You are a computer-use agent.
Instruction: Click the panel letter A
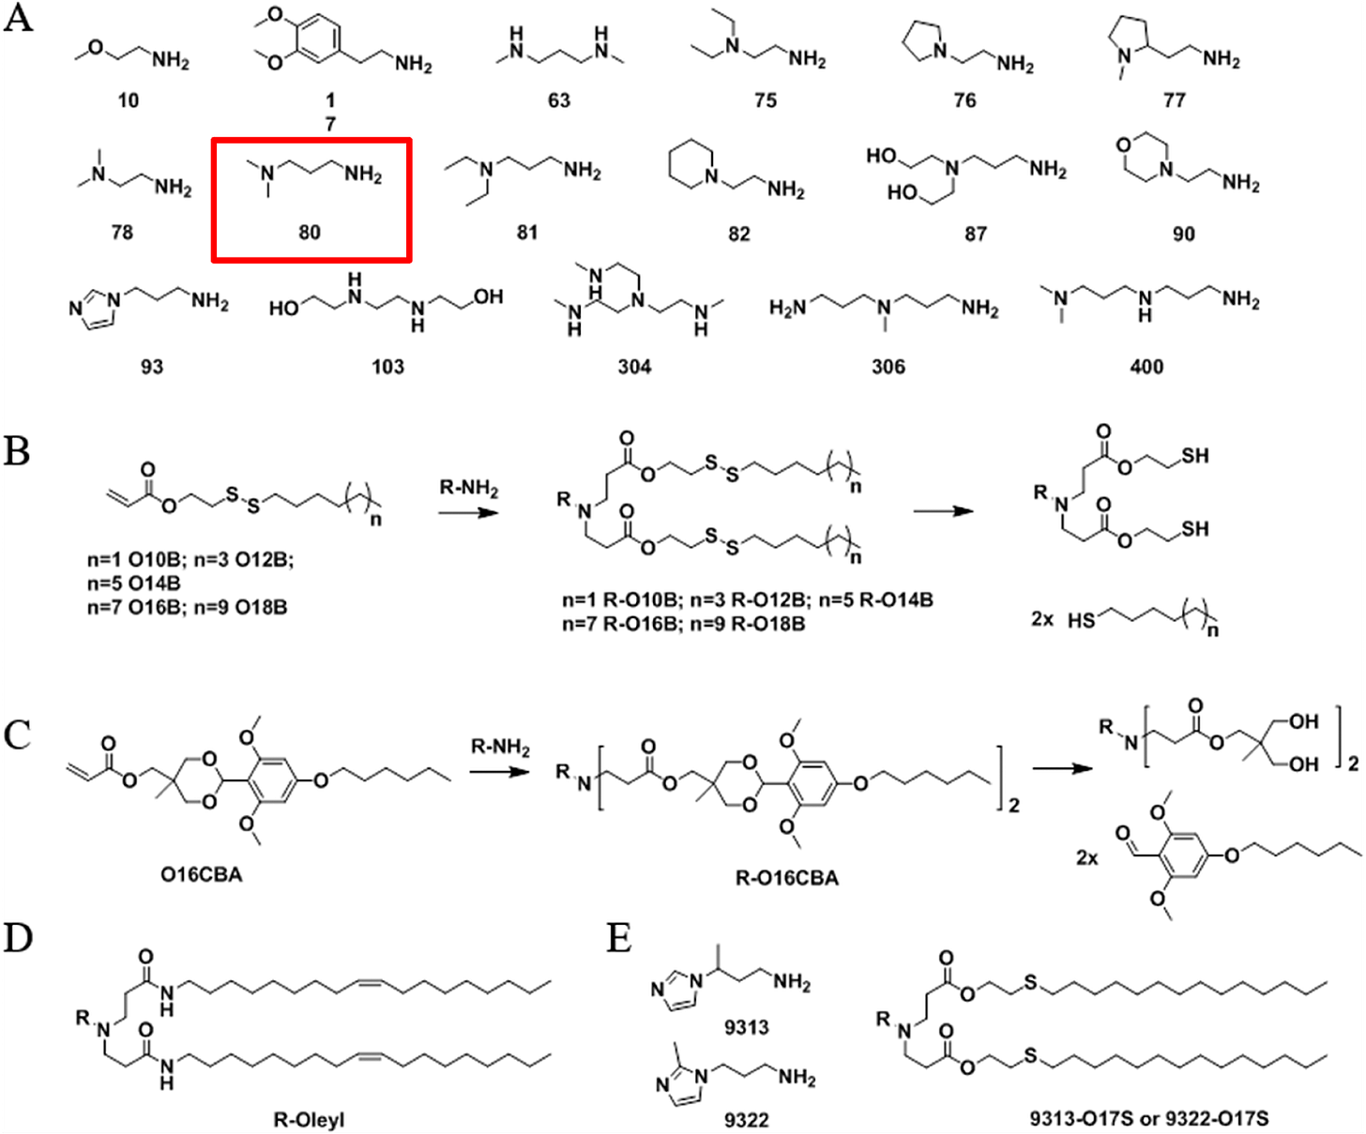coord(18,19)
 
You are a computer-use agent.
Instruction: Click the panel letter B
coord(16,451)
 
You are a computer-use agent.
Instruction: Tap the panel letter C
coord(17,735)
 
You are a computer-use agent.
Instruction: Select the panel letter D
coord(18,938)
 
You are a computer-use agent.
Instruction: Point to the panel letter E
coord(619,938)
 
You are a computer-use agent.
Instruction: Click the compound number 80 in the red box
coord(310,232)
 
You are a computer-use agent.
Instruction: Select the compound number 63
coord(559,100)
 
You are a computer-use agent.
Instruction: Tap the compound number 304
coord(634,366)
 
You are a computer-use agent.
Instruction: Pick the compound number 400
coord(1146,366)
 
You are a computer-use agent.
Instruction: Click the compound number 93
coord(152,366)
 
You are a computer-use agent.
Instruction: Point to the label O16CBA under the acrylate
coord(201,874)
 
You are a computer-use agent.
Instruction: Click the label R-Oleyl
coord(309,1120)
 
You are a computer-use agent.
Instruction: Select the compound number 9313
coord(747,1027)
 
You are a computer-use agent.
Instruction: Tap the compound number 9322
coord(747,1119)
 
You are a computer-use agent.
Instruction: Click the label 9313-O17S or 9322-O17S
coord(1148,1118)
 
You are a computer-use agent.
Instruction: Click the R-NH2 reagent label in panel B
coord(469,489)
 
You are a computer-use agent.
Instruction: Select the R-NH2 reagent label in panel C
coord(500,748)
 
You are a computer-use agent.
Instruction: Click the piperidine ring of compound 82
coord(690,166)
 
